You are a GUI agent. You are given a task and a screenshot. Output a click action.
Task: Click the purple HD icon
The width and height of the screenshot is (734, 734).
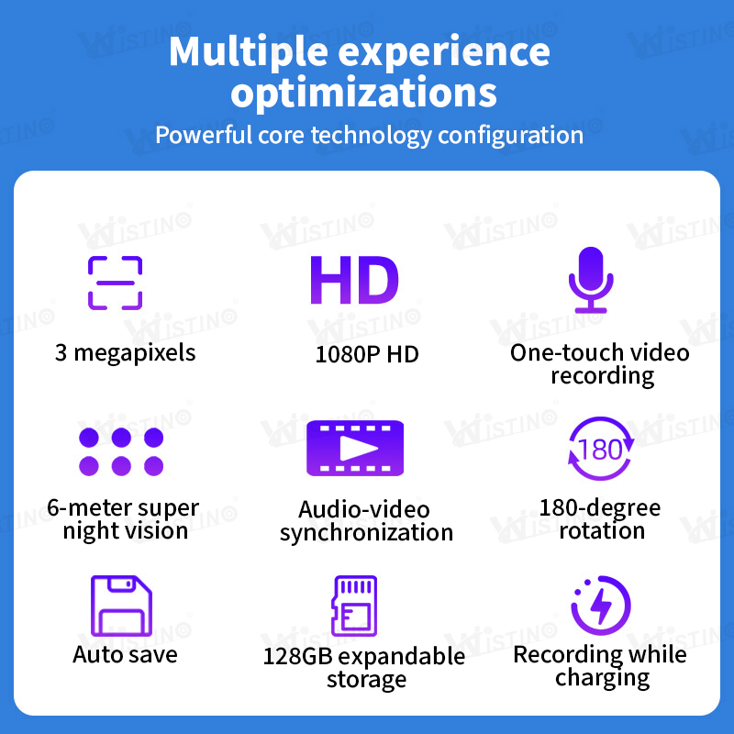[x=353, y=281]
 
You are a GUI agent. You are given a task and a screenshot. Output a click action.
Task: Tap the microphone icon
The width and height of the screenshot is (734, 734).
[x=588, y=281]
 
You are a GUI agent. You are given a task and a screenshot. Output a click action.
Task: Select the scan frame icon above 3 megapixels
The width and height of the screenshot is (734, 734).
[x=116, y=282]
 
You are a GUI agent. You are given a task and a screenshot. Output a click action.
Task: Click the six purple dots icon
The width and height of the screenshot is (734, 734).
[x=121, y=450]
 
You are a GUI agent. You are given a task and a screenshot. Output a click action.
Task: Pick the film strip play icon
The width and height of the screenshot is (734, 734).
[x=355, y=448]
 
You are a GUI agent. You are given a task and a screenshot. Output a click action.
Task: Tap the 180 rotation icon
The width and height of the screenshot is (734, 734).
[x=600, y=450]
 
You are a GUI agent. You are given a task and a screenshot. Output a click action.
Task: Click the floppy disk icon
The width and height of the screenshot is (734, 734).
[x=121, y=606]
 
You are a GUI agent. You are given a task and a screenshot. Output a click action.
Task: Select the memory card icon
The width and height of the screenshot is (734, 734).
[x=354, y=606]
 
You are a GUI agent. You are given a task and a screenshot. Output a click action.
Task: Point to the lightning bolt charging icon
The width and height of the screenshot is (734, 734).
[x=601, y=606]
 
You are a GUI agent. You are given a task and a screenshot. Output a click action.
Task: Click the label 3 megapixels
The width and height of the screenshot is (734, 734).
[x=125, y=352]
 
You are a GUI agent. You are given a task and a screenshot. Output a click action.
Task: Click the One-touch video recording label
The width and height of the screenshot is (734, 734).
[x=600, y=363]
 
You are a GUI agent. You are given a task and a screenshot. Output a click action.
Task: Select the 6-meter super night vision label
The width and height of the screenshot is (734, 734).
[x=124, y=519]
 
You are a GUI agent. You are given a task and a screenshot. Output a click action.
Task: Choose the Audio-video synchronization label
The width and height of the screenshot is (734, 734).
[x=366, y=521]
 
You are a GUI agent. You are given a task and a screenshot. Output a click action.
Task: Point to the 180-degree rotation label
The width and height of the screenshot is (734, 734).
[x=600, y=519]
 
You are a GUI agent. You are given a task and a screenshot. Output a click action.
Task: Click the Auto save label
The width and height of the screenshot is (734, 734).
[x=125, y=655]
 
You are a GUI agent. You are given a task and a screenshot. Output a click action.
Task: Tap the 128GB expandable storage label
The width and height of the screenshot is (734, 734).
[x=364, y=668]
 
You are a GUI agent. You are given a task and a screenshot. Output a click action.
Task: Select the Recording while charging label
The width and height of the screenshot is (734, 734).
[x=600, y=666]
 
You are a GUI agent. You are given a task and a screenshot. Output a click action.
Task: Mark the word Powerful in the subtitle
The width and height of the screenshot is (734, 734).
[x=201, y=136]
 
